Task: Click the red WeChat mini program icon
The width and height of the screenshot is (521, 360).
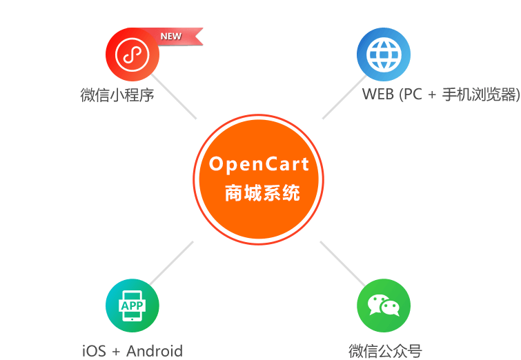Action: tap(132, 54)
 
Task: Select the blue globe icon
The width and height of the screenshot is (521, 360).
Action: tap(383, 54)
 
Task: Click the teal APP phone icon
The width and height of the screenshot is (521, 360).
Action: tap(132, 306)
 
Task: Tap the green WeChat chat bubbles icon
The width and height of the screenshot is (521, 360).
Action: tap(383, 306)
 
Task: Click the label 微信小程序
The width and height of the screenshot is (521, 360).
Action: tap(117, 94)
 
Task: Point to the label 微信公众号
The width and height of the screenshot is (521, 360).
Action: tap(384, 350)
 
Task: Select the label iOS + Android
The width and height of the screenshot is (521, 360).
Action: tap(132, 350)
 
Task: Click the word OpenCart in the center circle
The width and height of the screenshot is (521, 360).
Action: tap(259, 165)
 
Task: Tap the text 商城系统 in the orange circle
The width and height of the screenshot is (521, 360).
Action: tap(262, 194)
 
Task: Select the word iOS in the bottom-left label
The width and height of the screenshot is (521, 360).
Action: tap(94, 350)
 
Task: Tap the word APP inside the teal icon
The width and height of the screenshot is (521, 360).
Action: tap(132, 305)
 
